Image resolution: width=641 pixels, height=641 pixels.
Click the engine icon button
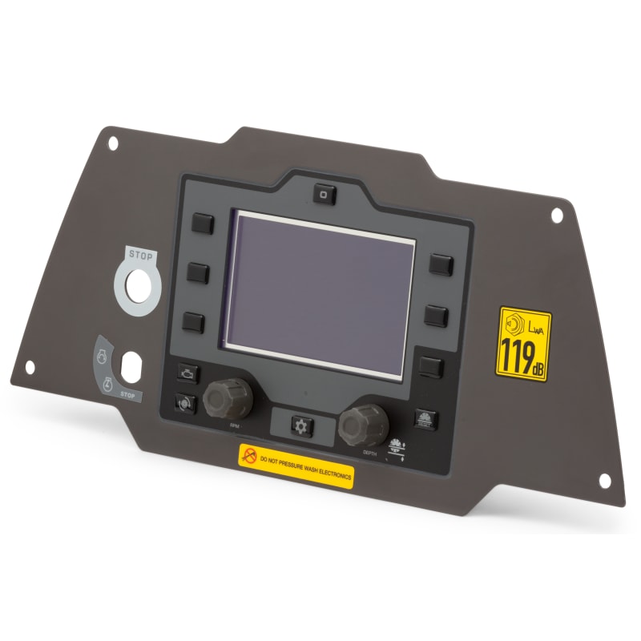tap(186, 373)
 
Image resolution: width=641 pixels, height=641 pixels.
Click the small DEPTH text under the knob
tap(369, 454)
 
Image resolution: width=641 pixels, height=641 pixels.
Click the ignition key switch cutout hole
tap(130, 366)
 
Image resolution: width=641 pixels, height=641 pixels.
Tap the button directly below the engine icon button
tap(184, 403)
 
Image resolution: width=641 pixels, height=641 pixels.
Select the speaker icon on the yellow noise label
tap(510, 325)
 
